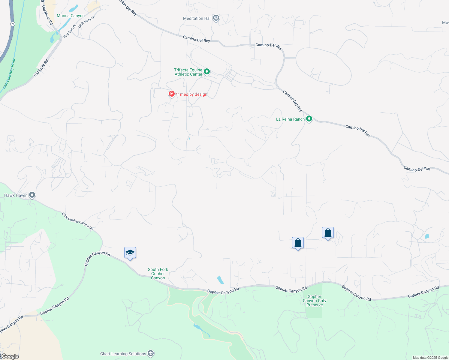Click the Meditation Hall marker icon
click(216, 18)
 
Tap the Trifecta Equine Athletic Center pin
click(206, 72)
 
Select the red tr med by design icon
click(171, 94)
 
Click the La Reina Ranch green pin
click(309, 119)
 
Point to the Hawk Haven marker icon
click(32, 195)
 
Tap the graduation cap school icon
click(130, 253)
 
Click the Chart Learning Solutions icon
click(151, 353)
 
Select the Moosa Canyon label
click(71, 16)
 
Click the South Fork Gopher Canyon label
click(158, 274)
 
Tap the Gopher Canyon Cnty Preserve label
click(314, 301)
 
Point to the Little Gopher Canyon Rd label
click(77, 221)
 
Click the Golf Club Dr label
click(70, 31)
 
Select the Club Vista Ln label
click(86, 22)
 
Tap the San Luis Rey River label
click(9, 73)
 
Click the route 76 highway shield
click(12, 24)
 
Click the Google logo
click(10, 356)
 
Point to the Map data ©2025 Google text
click(430, 358)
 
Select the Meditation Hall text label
click(197, 18)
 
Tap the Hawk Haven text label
click(16, 195)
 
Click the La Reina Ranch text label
click(290, 119)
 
